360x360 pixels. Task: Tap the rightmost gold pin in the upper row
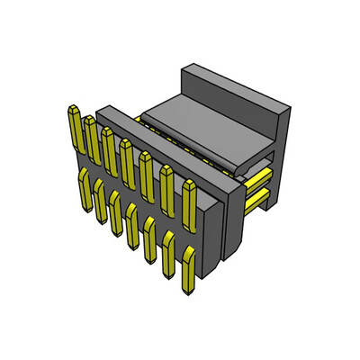[190, 202]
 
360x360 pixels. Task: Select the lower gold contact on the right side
[258, 195]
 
